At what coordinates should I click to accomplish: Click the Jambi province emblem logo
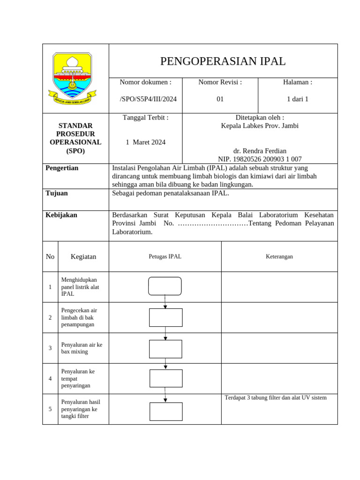click(72, 78)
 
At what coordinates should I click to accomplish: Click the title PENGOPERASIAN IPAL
click(223, 61)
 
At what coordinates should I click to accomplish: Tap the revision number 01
click(220, 99)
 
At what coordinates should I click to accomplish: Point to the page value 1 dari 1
click(297, 99)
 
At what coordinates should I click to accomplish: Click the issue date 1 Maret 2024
click(145, 142)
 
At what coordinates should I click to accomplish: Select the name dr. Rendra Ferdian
click(260, 151)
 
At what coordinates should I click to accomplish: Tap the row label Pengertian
click(62, 168)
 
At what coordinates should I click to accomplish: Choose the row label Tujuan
click(57, 193)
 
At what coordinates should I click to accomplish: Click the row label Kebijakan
click(61, 215)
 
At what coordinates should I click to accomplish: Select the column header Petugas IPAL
click(165, 256)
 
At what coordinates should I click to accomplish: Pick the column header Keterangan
click(279, 256)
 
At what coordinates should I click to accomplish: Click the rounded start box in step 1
click(165, 286)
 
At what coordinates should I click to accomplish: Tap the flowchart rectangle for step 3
click(165, 349)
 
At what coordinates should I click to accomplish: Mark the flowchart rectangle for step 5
click(166, 411)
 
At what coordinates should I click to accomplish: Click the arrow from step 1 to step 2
click(165, 302)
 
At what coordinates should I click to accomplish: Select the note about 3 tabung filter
click(276, 398)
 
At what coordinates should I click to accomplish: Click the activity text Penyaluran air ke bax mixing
click(82, 348)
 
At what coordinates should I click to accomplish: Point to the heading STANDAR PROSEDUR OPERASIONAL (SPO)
click(75, 138)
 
